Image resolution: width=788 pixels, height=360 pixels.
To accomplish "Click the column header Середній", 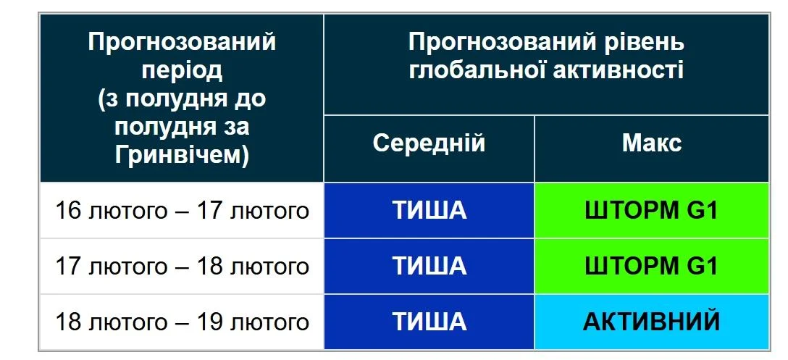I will point(429,143).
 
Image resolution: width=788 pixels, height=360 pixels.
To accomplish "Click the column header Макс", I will point(651,143).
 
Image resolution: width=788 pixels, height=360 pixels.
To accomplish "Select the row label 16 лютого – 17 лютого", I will point(182,211).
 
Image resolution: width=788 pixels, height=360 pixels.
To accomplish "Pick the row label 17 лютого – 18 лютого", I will point(182,266).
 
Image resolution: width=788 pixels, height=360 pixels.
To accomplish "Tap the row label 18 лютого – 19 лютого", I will point(182,321).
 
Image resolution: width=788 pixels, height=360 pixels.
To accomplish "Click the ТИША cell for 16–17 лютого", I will point(429,211).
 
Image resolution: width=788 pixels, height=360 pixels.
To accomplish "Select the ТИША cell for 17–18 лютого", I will point(429,266).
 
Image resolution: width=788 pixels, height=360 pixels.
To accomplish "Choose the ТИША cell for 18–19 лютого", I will point(429,321).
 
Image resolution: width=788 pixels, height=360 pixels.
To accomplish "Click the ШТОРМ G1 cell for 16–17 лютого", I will point(651,211).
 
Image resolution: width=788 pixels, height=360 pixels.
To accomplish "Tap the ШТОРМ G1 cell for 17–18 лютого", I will point(651,266).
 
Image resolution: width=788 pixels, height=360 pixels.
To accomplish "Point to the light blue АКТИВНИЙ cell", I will point(651,321).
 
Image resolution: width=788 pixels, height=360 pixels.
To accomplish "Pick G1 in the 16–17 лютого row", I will point(700,211).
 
